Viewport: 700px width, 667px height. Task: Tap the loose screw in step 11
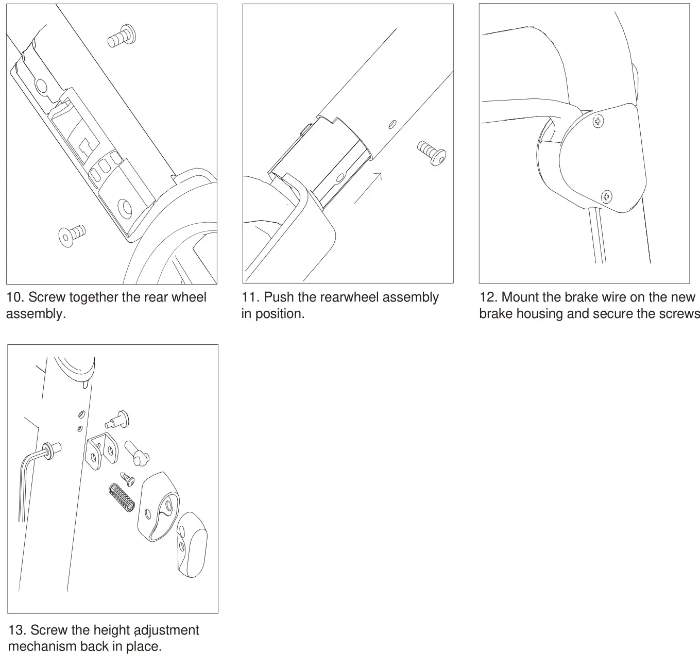click(x=431, y=153)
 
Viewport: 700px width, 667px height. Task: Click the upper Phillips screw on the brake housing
click(x=598, y=122)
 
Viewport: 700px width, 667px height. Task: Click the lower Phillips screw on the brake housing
click(x=607, y=196)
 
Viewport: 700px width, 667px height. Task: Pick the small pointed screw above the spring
click(x=127, y=478)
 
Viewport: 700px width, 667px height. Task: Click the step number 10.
click(x=15, y=297)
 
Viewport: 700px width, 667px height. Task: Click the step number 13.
click(x=17, y=630)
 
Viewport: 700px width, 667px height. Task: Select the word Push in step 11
click(x=279, y=297)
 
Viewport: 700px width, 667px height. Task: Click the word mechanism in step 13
click(x=43, y=646)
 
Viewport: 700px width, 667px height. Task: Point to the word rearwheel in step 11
click(x=349, y=297)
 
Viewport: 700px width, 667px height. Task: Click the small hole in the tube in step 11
click(x=392, y=124)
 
